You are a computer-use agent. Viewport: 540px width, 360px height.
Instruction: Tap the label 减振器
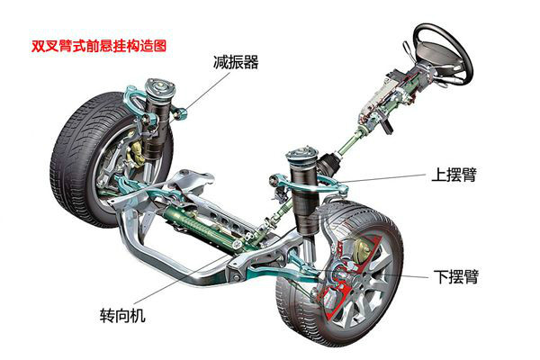coord(237,62)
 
